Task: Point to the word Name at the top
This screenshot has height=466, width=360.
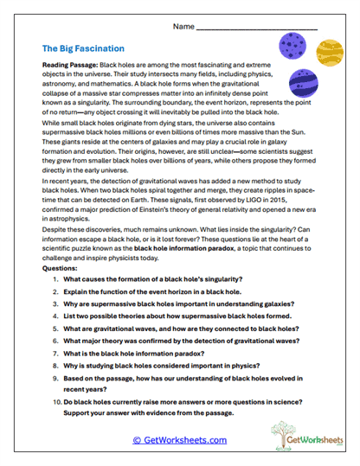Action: click(183, 28)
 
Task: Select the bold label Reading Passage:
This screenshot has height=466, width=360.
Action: click(70, 66)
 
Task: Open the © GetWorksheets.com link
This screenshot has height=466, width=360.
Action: click(179, 440)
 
